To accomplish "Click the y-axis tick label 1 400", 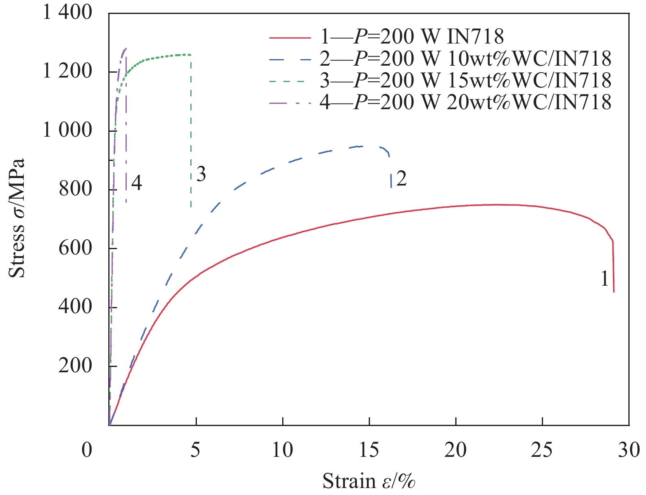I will [68, 13].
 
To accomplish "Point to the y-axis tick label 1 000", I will [68, 131].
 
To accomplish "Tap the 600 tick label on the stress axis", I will [75, 249].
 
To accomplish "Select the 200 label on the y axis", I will [75, 366].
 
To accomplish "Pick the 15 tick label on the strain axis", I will [369, 450].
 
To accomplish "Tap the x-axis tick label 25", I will [542, 450].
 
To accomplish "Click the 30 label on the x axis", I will [629, 450].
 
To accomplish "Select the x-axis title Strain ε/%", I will [369, 481].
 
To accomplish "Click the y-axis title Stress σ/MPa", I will [17, 218].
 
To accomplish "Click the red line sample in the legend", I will [290, 37].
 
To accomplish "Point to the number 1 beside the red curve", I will [604, 280].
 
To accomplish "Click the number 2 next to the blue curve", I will [402, 179].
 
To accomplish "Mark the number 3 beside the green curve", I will [201, 174].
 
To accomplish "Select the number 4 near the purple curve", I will [137, 183].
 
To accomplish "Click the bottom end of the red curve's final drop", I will [614, 292].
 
